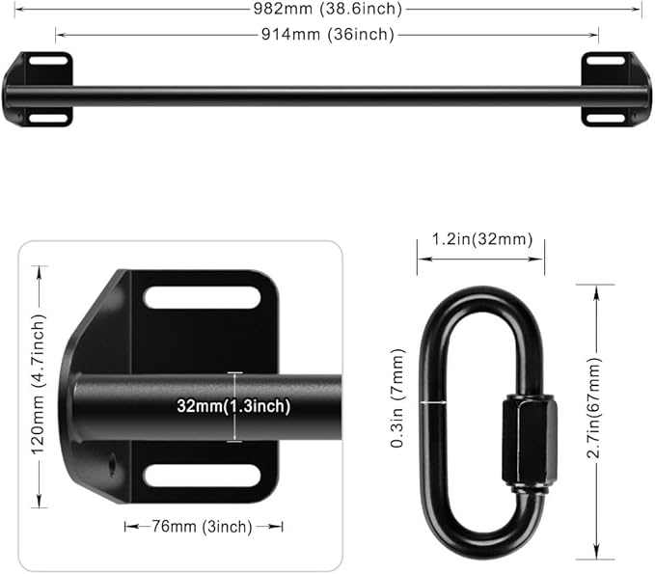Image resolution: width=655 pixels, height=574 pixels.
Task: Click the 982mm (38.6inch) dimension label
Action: [327, 9]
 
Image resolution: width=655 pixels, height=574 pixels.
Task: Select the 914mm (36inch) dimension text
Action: [327, 35]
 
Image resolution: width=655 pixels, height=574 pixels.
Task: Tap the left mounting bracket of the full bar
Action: [38, 90]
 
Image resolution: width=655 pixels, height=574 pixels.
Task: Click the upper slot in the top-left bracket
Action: [47, 61]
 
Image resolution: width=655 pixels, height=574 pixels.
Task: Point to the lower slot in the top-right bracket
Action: [606, 118]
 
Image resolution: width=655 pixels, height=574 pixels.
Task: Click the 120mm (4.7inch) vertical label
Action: [40, 387]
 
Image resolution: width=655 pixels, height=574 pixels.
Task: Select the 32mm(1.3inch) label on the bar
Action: [233, 406]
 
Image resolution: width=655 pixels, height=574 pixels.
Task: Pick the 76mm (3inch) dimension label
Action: [204, 526]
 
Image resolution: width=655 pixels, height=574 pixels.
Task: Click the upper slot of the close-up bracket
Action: [202, 297]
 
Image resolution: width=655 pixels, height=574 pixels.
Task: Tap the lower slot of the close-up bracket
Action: [202, 475]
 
